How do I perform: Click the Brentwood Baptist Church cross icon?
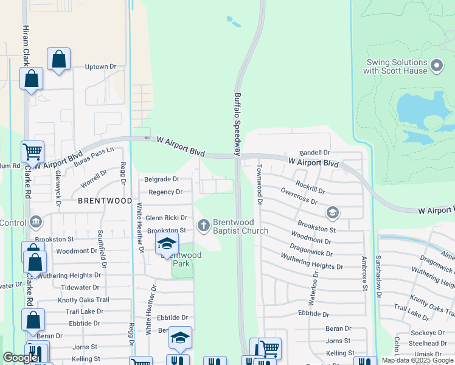[x=204, y=226]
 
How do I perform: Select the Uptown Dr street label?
[x=100, y=67]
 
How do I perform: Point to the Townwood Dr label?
[x=259, y=184]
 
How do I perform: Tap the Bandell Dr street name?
[x=314, y=153]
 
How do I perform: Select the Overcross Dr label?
[x=299, y=196]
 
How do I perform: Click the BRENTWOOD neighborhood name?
[x=105, y=200]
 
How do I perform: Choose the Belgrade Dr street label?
[x=161, y=179]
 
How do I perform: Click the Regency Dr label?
[x=165, y=192]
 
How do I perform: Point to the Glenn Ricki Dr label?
[x=166, y=218]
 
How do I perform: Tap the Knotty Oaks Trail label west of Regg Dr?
[x=83, y=300]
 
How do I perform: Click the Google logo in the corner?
[x=20, y=358]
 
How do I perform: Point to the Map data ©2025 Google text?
[x=417, y=360]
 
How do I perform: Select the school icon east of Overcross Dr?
[x=332, y=213]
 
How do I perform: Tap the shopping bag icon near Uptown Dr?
[x=58, y=60]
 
